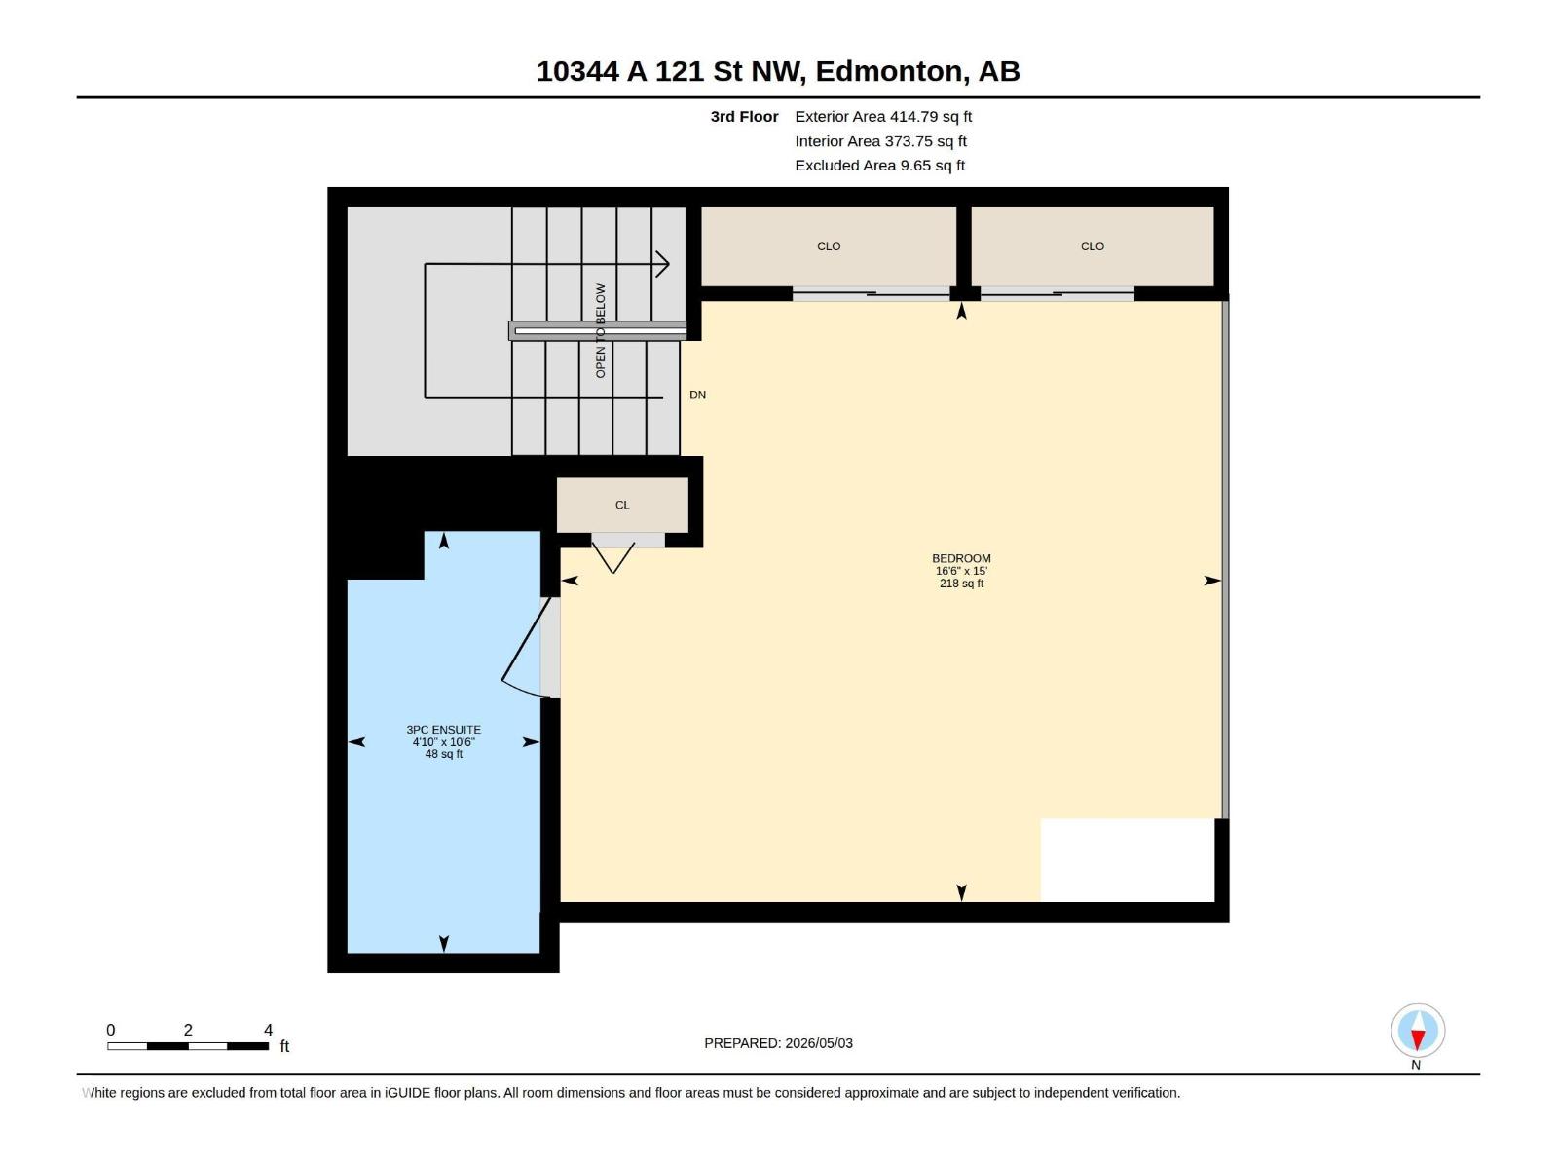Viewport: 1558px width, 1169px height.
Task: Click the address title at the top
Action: coord(778,71)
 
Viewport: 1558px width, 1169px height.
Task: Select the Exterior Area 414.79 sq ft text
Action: coord(883,116)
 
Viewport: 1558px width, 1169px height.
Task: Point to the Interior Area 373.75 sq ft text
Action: coord(880,141)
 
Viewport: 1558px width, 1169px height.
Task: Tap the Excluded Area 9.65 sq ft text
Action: coord(879,166)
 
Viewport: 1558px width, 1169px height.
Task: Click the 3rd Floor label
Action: coord(744,116)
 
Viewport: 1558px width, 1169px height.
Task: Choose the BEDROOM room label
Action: coord(961,558)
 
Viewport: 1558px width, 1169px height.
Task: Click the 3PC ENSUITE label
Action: coord(444,729)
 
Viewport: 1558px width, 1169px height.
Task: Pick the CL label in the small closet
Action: coord(622,505)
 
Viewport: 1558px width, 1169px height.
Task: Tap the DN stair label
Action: coord(698,395)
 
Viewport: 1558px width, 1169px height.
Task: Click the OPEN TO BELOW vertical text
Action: coord(601,331)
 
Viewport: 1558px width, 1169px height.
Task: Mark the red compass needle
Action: coord(1418,1039)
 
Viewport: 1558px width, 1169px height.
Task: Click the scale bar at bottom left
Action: coord(188,1046)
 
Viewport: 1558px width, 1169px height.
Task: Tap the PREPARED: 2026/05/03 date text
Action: coord(779,1043)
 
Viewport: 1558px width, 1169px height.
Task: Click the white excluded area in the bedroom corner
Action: coord(1128,860)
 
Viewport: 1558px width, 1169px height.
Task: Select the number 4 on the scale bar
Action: coord(269,1030)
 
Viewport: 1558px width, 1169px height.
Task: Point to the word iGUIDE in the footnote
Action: coord(407,1093)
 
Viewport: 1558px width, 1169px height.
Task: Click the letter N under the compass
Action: coord(1416,1065)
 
